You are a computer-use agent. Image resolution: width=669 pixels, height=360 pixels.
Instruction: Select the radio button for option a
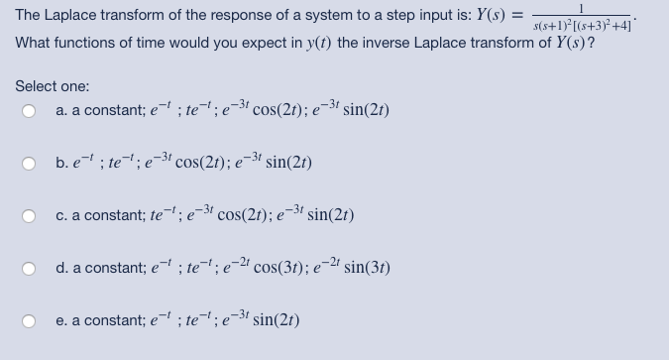click(30, 111)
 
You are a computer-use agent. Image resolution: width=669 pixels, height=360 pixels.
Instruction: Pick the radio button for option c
click(30, 215)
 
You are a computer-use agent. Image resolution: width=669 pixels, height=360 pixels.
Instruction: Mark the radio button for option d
click(30, 268)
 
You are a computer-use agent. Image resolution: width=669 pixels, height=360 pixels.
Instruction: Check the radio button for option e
click(30, 319)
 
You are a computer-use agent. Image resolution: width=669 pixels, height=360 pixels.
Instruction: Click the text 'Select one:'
click(53, 87)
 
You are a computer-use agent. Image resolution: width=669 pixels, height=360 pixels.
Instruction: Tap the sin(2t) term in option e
click(277, 319)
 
